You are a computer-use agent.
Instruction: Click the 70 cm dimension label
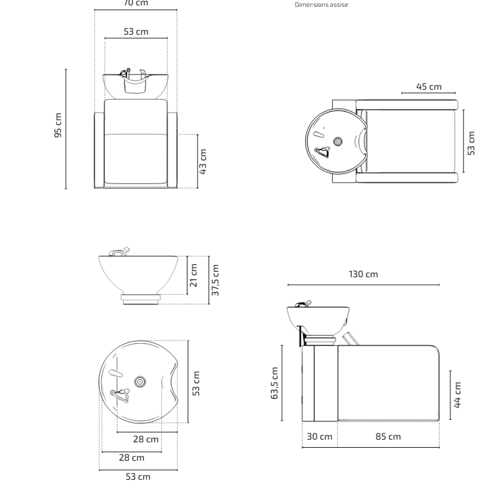[136, 3]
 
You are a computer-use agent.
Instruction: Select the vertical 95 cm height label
[58, 125]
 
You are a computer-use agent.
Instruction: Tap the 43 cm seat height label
[202, 162]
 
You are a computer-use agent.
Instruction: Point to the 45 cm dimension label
[429, 86]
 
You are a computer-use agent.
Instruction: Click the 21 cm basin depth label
[194, 276]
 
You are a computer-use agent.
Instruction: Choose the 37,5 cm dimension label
[215, 280]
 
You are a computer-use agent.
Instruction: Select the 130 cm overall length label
[363, 274]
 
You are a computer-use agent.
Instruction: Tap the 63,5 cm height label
[274, 383]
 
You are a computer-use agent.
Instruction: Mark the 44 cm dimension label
[457, 395]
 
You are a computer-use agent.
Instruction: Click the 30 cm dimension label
[319, 436]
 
